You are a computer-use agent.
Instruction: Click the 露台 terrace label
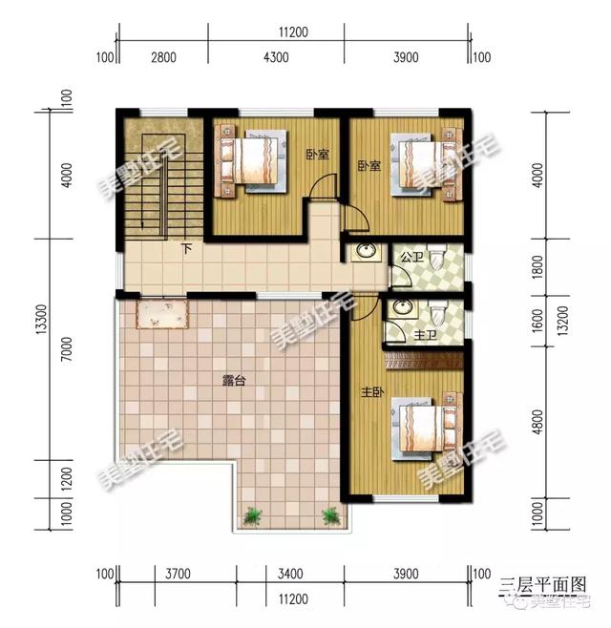(x=235, y=381)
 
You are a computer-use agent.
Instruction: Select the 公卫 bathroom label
(x=411, y=257)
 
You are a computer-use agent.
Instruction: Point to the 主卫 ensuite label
(x=426, y=335)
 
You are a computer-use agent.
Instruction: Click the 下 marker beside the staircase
(x=186, y=249)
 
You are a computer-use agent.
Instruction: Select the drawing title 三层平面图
(x=544, y=583)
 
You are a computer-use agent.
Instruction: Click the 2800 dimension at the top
(x=163, y=57)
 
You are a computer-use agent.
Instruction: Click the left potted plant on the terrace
(x=252, y=516)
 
